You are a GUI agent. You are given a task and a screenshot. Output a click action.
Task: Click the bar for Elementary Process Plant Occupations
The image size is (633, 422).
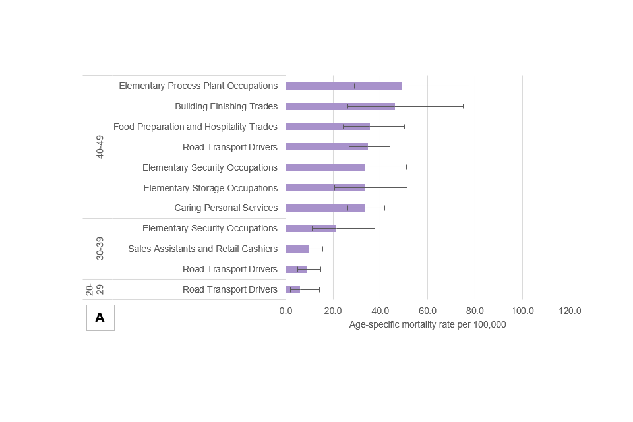coord(343,86)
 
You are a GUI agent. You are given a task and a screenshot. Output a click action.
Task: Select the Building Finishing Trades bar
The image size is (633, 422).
coord(340,106)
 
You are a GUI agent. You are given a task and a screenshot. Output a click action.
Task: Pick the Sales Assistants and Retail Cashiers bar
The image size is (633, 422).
coord(297,249)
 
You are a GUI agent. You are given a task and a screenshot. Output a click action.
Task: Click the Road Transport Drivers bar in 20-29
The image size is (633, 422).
coord(293,289)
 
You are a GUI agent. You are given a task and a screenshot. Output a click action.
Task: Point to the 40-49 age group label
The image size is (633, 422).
coord(100,147)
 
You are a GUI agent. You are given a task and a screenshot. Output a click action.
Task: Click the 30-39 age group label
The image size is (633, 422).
coord(100,249)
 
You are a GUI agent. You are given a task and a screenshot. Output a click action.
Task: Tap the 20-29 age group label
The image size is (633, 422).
coord(95,289)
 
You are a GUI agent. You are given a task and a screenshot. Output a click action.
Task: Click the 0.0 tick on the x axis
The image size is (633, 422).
coord(286,311)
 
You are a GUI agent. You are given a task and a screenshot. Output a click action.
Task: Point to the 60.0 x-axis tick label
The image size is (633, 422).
coord(427,311)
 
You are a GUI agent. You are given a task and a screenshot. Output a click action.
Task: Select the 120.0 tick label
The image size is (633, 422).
coord(570,311)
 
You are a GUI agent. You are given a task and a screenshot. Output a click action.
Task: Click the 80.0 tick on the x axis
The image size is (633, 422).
coord(475,311)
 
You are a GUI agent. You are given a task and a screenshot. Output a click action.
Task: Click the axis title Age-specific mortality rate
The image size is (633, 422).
coord(427,324)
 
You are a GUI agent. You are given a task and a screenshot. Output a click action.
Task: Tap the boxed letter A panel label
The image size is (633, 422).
coord(100,318)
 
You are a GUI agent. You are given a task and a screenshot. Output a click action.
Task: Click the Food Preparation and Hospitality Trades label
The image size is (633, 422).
coord(195,127)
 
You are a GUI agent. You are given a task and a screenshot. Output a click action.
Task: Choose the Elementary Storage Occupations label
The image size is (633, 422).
coord(210,188)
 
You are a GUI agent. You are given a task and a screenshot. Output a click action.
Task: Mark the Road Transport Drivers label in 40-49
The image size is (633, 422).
coord(230,147)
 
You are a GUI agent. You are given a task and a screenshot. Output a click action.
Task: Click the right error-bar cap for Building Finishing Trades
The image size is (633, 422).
coord(463,106)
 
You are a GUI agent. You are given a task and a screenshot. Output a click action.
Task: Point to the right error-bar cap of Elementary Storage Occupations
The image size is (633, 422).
coord(407,188)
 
